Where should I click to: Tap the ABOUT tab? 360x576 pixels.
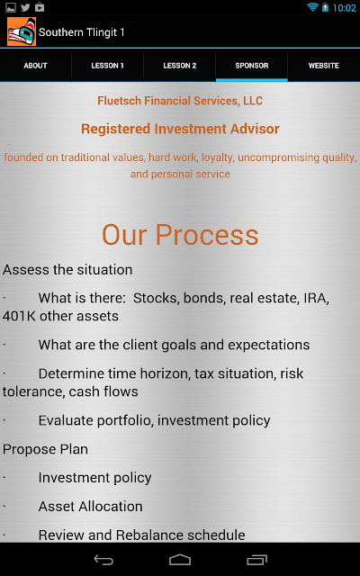tap(36, 66)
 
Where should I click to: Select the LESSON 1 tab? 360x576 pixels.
tap(107, 66)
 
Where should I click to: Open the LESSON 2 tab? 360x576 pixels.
tap(180, 66)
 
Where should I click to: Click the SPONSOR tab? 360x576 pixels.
tap(252, 66)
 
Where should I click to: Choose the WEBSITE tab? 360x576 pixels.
tap(324, 66)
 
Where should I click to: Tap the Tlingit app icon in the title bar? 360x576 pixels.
tap(22, 31)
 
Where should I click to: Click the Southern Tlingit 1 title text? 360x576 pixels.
tap(82, 32)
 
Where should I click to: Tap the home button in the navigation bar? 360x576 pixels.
tap(180, 560)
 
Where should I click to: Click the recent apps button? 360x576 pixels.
tap(256, 560)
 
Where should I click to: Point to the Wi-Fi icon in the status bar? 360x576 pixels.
tap(312, 7)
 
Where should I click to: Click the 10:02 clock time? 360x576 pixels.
tap(344, 8)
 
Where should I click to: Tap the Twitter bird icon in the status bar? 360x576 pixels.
tap(25, 7)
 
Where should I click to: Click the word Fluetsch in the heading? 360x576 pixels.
tap(120, 101)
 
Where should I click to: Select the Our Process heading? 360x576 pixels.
tap(180, 235)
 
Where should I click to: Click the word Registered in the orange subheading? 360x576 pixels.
tap(116, 129)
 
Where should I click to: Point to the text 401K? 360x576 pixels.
tap(19, 316)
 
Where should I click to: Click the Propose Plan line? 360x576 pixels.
tap(45, 449)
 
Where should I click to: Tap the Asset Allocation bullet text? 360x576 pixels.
tap(90, 507)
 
